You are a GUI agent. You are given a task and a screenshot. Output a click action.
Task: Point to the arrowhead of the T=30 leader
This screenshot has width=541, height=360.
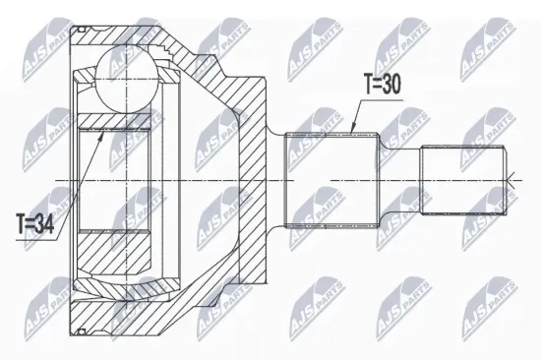[351, 130]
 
